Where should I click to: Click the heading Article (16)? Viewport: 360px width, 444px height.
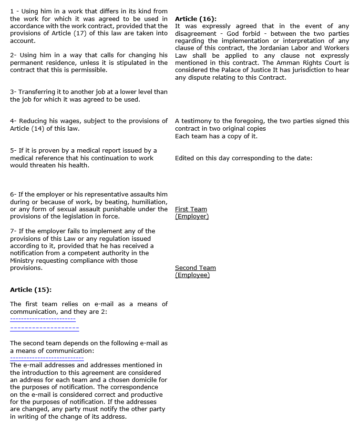coord(195,19)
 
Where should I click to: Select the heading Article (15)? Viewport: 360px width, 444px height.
coord(31,289)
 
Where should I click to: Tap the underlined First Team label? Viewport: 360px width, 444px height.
coord(191,209)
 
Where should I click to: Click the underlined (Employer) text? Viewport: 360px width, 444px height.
coord(192,217)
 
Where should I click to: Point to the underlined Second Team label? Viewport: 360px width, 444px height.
coord(195,268)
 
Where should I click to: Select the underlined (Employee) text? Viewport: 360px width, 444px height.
coord(192,275)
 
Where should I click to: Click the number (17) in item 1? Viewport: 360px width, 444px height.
coord(82,33)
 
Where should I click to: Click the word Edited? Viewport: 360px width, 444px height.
coord(185,158)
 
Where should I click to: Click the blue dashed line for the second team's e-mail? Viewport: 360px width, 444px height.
coord(47,358)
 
